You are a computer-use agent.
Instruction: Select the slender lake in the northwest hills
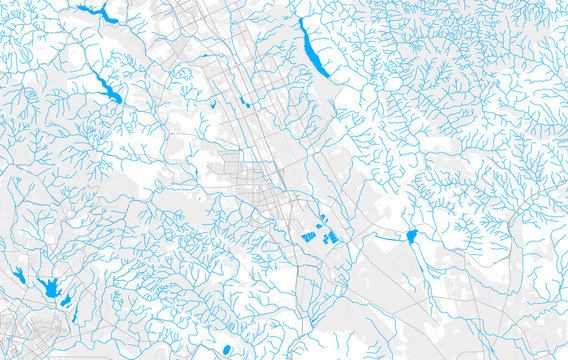click(104, 86)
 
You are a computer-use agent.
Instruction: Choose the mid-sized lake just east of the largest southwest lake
click(65, 299)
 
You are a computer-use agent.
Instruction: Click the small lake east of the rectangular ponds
click(411, 236)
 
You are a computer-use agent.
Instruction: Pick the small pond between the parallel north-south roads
click(245, 101)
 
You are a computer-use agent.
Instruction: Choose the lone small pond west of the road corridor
click(213, 103)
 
